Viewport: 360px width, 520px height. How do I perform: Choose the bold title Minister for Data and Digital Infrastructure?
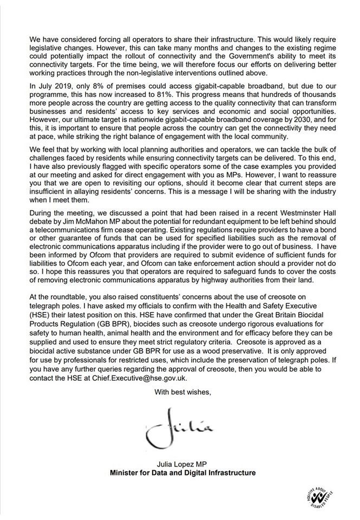(x=182, y=473)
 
